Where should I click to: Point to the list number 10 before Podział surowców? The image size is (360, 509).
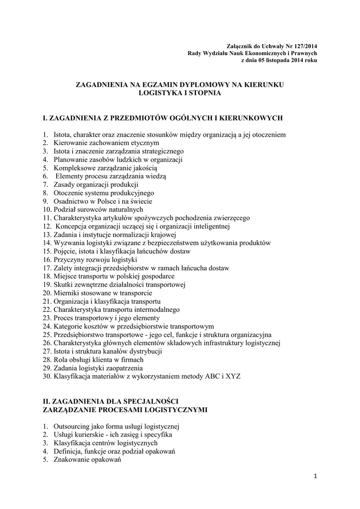pyautogui.click(x=46, y=209)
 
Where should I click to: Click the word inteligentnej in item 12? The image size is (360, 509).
pyautogui.click(x=211, y=226)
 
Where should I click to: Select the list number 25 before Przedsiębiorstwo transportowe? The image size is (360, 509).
pyautogui.click(x=46, y=335)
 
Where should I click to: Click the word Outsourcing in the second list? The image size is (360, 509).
pyautogui.click(x=71, y=426)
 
